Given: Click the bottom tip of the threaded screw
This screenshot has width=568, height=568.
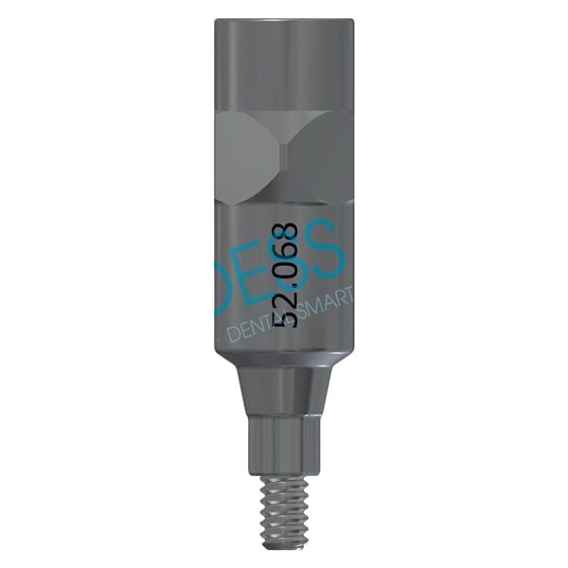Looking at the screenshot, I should click(284, 548).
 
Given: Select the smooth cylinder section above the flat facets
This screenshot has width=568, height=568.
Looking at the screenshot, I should click(284, 71).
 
